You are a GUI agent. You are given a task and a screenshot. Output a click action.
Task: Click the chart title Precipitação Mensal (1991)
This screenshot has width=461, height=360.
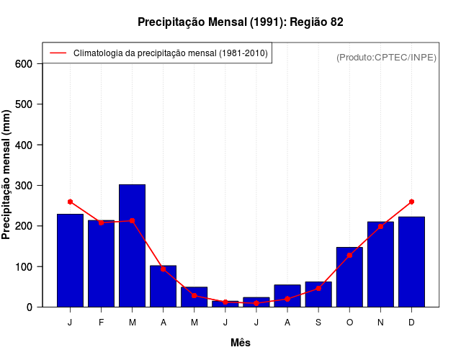pos(240,22)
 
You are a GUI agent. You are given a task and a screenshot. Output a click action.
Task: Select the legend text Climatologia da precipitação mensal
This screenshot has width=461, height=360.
pos(170,53)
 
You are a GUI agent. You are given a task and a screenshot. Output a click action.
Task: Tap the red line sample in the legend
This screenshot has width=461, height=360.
pos(58,53)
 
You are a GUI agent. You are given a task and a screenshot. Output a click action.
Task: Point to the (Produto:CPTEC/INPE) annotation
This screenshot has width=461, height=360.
pos(386,57)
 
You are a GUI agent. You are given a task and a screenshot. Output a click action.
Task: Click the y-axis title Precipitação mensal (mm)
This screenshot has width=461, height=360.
pos(7,175)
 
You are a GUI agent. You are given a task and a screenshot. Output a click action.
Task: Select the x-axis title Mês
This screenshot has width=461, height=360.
pos(241,343)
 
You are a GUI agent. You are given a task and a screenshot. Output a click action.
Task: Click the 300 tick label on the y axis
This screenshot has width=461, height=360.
pos(24,186)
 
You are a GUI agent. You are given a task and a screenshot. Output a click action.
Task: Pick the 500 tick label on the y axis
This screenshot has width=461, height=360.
pos(24,104)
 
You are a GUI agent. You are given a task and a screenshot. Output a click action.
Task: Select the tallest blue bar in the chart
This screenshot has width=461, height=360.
pos(132,246)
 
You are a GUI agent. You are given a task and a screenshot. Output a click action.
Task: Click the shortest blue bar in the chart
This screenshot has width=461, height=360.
pos(225,304)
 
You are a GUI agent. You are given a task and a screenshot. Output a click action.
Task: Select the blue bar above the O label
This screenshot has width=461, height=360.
pos(349,277)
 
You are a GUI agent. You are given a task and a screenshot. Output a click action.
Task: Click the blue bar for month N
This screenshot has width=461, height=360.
pos(380,264)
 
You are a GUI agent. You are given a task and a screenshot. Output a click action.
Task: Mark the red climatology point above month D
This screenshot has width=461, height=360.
pos(411,202)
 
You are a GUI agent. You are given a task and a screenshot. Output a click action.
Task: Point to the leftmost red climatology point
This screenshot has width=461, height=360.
pos(70,202)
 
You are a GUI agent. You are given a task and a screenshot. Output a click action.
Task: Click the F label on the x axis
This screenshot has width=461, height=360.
pos(101,323)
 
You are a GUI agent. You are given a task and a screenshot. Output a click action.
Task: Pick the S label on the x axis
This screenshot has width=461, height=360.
pos(318,323)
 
